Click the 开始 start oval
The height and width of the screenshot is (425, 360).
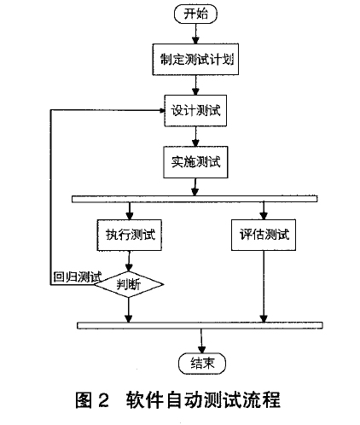pyautogui.click(x=195, y=14)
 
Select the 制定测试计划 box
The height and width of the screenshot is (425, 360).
pyautogui.click(x=195, y=60)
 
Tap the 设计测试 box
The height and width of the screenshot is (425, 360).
pyautogui.click(x=195, y=111)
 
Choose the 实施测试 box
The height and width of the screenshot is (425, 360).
pyautogui.click(x=195, y=162)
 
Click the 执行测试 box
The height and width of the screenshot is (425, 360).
pyautogui.click(x=130, y=235)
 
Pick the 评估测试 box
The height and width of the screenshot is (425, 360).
pyautogui.click(x=264, y=235)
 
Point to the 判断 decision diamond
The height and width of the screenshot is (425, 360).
pyautogui.click(x=129, y=284)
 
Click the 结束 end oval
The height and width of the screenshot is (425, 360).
pyautogui.click(x=202, y=364)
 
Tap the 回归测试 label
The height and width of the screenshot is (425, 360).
pyautogui.click(x=77, y=277)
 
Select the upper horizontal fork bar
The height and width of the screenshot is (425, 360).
pyautogui.click(x=195, y=199)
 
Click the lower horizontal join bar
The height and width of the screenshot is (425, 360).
pyautogui.click(x=200, y=325)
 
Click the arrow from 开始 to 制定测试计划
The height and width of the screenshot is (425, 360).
pyautogui.click(x=195, y=33)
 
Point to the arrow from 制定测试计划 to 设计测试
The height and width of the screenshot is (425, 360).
pyautogui.click(x=195, y=85)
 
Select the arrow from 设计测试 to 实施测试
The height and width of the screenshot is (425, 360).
pyautogui.click(x=195, y=137)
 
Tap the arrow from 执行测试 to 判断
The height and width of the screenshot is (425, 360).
pyautogui.click(x=129, y=261)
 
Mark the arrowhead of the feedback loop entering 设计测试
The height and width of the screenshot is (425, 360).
pyautogui.click(x=162, y=111)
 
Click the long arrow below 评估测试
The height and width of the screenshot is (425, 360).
pyautogui.click(x=264, y=287)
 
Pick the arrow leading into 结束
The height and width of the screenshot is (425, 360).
pyautogui.click(x=201, y=341)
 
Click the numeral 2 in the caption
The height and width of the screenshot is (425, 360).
pyautogui.click(x=104, y=400)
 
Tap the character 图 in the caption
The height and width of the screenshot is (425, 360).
pyautogui.click(x=84, y=400)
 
